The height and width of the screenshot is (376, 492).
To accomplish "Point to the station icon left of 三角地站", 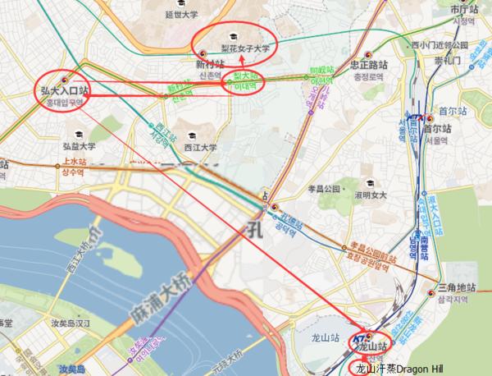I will click(x=431, y=290).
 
